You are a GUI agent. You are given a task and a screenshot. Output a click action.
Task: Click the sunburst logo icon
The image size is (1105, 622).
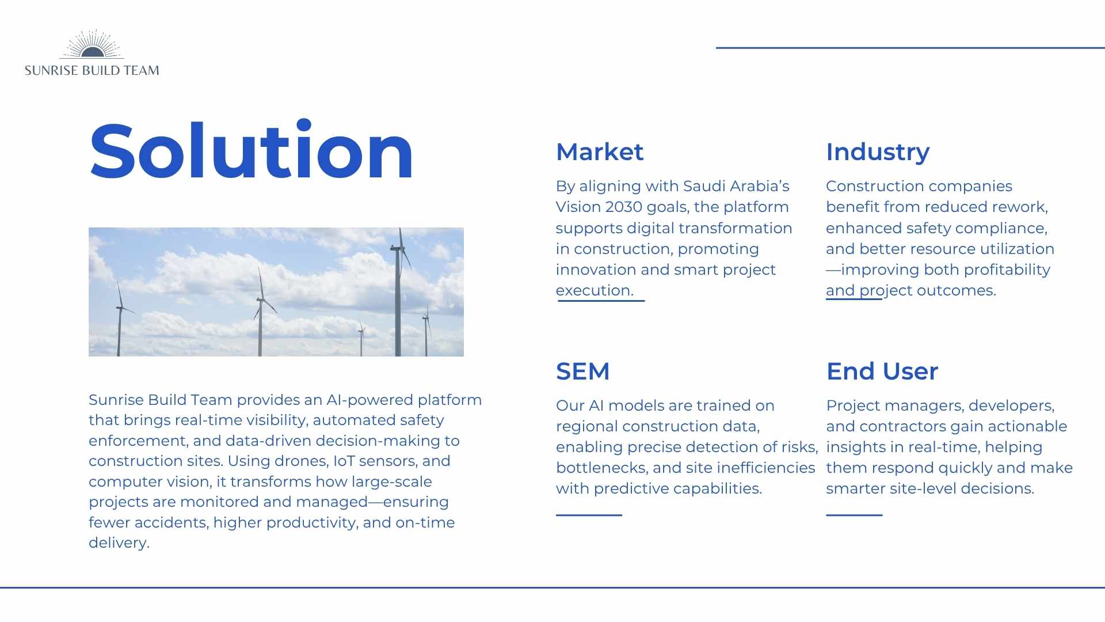(92, 45)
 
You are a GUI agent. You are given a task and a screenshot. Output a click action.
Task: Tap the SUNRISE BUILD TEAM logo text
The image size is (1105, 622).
(92, 70)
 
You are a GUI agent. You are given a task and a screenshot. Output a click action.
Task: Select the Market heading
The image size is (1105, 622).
(600, 152)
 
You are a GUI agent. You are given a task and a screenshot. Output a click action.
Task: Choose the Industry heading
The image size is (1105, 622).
(878, 153)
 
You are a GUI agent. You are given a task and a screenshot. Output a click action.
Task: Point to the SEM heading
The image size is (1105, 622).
(582, 371)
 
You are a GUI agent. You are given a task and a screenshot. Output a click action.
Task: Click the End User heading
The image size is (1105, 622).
(882, 371)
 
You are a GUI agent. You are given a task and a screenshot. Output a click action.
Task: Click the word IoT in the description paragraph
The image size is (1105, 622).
(344, 461)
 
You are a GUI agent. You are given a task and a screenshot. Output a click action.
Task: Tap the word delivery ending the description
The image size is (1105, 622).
(119, 543)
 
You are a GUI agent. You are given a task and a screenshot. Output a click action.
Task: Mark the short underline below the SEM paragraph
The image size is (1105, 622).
(589, 515)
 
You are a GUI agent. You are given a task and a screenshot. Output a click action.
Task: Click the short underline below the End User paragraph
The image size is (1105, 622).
(854, 515)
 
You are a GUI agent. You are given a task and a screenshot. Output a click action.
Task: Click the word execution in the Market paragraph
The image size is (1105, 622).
(595, 290)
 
